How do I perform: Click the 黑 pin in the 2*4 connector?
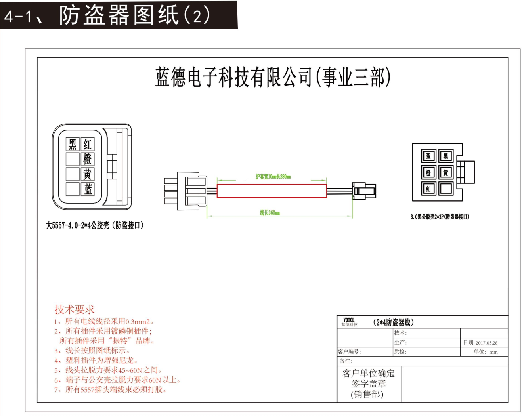73,144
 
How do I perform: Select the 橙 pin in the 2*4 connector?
88,159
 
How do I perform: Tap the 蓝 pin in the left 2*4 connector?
88,189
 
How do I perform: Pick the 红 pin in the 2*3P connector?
428,189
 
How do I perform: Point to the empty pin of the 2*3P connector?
446,189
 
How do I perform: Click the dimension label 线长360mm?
270,213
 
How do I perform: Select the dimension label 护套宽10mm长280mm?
273,177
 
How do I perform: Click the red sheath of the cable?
272,191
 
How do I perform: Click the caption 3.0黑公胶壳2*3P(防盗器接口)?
440,217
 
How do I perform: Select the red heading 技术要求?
75,310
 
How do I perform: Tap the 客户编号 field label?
349,352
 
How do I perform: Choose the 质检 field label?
400,352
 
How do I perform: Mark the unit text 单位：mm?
486,352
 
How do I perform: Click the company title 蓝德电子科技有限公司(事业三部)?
273,77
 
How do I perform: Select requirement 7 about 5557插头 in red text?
111,390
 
